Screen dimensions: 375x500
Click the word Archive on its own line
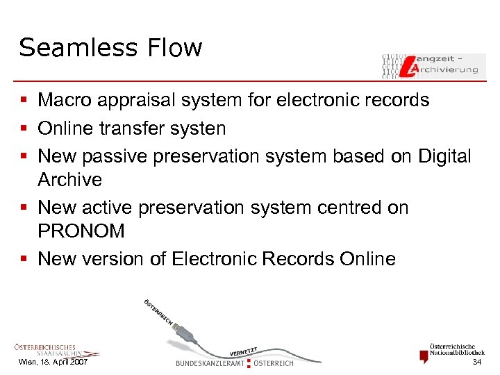coord(69,180)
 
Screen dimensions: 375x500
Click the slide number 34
coord(476,363)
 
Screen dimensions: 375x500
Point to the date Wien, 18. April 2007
coord(53,363)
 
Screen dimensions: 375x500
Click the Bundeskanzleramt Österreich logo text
coord(235,362)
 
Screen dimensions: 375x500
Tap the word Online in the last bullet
coord(367,259)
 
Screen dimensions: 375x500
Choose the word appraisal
coord(140,101)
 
